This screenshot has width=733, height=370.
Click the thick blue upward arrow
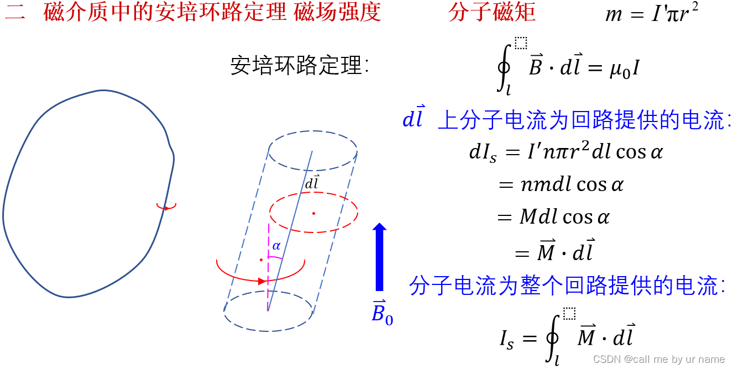coord(379,257)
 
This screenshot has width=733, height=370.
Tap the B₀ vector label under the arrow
coord(382,313)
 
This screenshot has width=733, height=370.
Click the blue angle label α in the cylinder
coord(276,246)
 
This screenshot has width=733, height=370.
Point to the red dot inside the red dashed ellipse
coord(313,213)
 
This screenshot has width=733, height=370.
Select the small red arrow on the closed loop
coord(166,207)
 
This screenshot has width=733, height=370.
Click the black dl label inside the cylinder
coord(312,183)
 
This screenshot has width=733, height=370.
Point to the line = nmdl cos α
coord(561,184)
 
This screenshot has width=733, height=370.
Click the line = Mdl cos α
coord(553,217)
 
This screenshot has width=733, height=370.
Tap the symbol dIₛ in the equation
coord(483,153)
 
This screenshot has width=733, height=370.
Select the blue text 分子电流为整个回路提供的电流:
coord(567,287)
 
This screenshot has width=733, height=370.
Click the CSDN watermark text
coord(658,359)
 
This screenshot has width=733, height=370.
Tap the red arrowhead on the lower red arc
coord(262,281)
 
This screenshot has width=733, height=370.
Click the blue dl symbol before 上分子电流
coord(413,119)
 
